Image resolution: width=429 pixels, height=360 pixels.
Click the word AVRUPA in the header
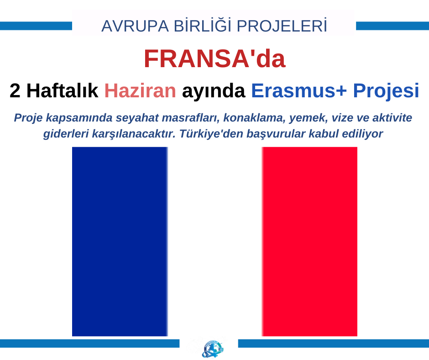click(x=135, y=26)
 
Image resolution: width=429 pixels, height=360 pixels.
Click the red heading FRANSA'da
click(x=215, y=58)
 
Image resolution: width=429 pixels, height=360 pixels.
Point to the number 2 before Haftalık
click(x=15, y=90)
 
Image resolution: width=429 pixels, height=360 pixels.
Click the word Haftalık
click(x=62, y=90)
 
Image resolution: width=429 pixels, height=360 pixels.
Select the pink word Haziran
click(x=140, y=90)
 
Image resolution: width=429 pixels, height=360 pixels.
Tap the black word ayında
click(x=214, y=92)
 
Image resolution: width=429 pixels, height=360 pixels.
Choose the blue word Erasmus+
click(x=299, y=90)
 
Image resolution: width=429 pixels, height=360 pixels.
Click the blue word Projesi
click(x=386, y=91)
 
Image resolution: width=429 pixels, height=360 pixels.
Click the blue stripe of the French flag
click(x=120, y=241)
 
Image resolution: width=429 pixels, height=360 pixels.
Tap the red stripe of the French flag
click(x=309, y=241)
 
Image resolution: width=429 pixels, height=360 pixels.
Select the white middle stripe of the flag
click(x=215, y=241)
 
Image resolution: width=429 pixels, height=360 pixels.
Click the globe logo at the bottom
click(x=213, y=349)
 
